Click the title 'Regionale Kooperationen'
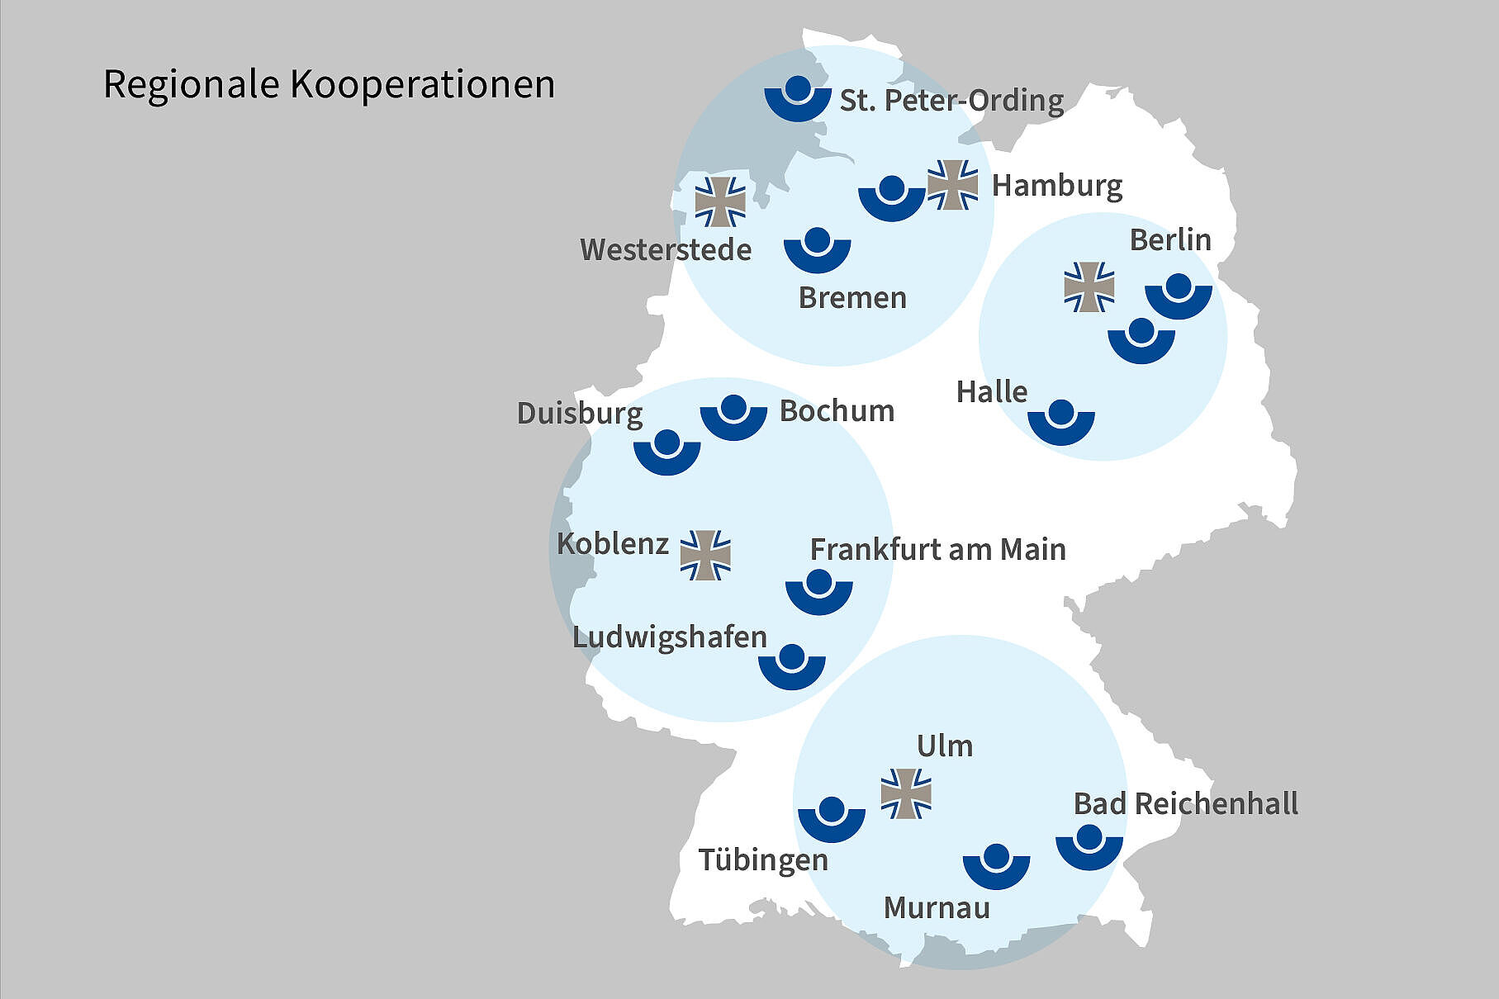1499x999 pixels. click(x=329, y=84)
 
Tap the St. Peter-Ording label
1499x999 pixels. click(x=951, y=100)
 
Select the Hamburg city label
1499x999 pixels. click(x=1056, y=185)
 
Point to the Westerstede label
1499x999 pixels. click(x=666, y=249)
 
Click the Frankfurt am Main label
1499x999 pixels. click(x=937, y=549)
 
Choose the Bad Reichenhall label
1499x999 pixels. click(x=1185, y=803)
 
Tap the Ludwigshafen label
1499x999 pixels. click(x=670, y=637)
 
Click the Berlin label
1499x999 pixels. click(x=1170, y=240)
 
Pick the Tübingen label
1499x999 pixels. click(x=763, y=859)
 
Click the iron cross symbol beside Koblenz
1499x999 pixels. click(x=705, y=555)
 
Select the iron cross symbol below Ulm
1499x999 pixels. click(x=906, y=793)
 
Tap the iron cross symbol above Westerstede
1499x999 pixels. click(x=720, y=201)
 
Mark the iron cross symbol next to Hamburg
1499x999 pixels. click(x=952, y=185)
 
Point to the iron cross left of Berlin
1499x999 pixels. click(x=1089, y=287)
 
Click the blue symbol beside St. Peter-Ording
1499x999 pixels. click(x=797, y=100)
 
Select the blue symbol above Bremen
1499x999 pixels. click(x=817, y=251)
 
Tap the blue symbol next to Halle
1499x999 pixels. click(x=1061, y=423)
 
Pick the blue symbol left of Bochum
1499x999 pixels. click(x=733, y=418)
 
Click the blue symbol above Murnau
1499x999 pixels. click(x=996, y=866)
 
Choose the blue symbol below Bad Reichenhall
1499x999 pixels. click(x=1089, y=846)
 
